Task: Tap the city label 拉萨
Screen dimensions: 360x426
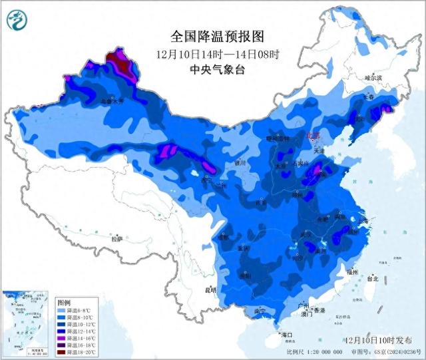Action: click(117, 238)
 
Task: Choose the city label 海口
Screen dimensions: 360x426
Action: click(287, 334)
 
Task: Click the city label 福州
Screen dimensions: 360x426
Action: click(353, 271)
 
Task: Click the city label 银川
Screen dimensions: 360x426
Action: click(240, 162)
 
